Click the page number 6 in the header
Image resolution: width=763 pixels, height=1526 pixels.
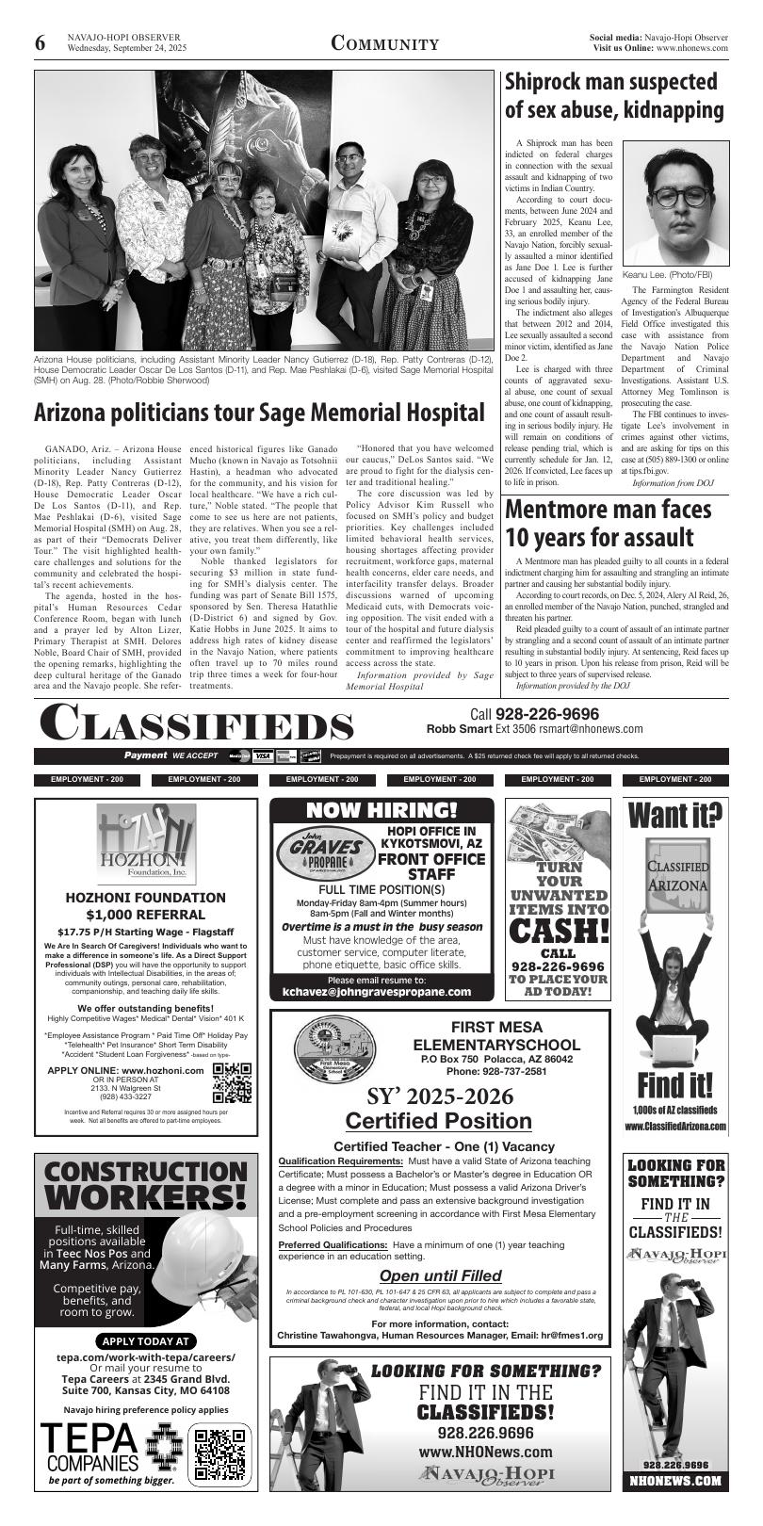pyautogui.click(x=41, y=43)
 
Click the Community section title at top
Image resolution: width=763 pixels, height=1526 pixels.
pyautogui.click(x=384, y=44)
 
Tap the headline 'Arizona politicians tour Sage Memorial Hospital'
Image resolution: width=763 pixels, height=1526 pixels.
pyautogui.click(x=259, y=413)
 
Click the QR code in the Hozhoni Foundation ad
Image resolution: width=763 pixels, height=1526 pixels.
pyautogui.click(x=232, y=1082)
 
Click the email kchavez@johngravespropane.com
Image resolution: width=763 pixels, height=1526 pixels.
pyautogui.click(x=377, y=992)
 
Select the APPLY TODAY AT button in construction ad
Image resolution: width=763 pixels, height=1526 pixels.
pyautogui.click(x=145, y=1341)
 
